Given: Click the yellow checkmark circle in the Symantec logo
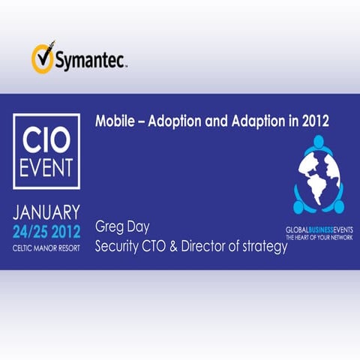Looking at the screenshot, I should (41, 57).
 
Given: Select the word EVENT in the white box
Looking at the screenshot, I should (46, 168).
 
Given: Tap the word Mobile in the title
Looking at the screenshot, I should (113, 120).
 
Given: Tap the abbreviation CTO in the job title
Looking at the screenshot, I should (167, 247).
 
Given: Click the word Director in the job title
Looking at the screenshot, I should (216, 247).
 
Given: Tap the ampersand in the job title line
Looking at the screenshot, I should (188, 247).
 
